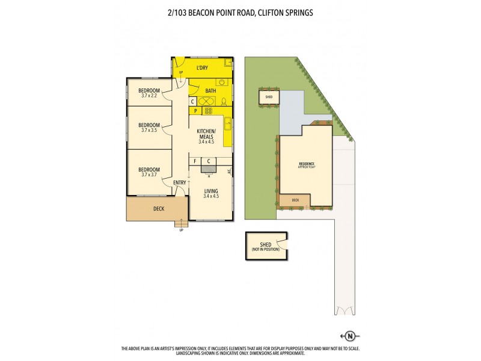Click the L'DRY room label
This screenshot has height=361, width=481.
click(202, 68)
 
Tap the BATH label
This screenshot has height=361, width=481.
click(210, 91)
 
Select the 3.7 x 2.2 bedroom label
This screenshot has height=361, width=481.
click(149, 95)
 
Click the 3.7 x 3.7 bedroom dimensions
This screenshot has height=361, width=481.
click(149, 174)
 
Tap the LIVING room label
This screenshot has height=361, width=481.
click(211, 193)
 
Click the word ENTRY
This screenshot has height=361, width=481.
click(180, 183)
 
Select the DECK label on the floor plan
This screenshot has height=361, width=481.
click(159, 209)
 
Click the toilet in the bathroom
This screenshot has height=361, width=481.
click(224, 101)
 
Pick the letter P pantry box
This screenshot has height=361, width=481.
click(195, 111)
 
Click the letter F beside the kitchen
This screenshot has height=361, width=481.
click(195, 161)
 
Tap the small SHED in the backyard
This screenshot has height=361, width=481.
click(268, 96)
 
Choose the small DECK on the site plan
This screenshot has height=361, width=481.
click(295, 200)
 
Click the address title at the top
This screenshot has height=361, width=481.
click(240, 11)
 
